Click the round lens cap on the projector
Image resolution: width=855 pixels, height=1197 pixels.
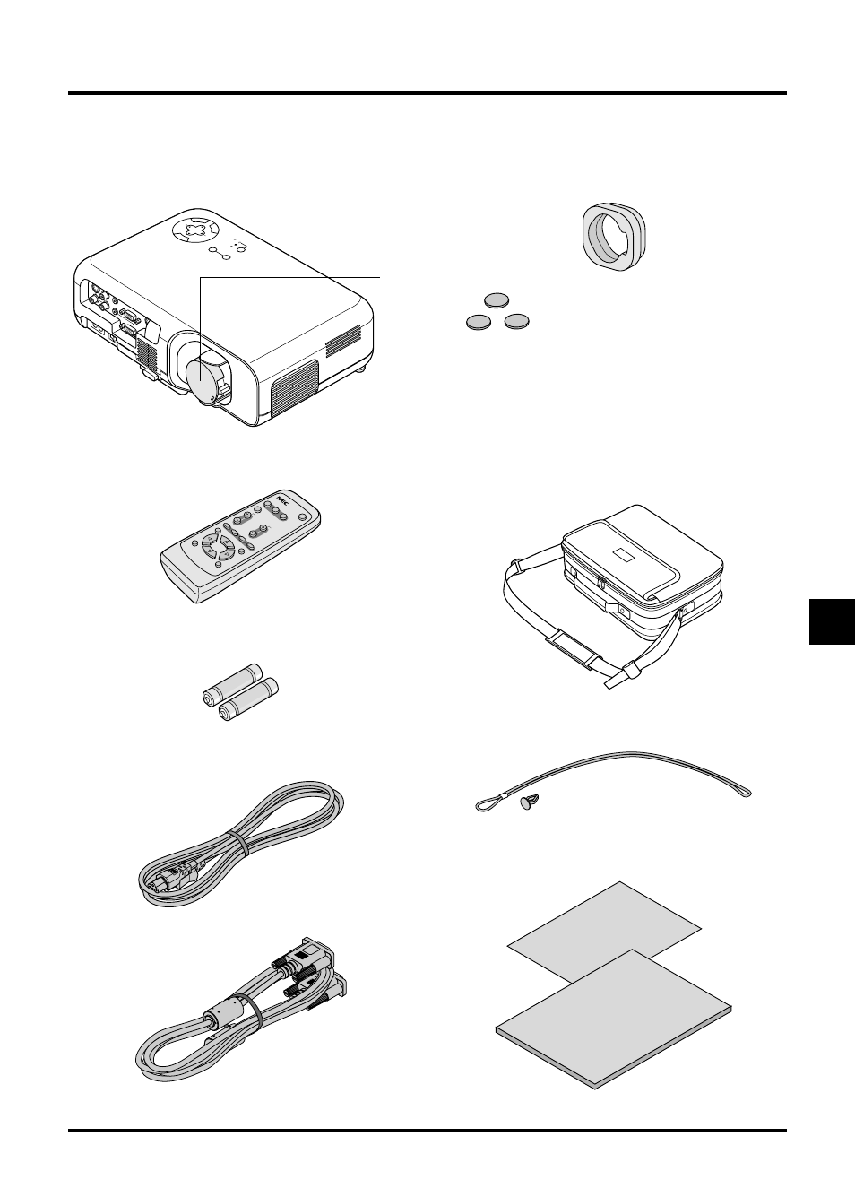coord(203,378)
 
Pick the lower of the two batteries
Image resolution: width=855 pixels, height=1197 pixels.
coord(248,699)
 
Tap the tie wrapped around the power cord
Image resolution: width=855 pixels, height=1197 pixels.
coord(238,842)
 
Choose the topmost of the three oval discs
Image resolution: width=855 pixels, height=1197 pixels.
coord(496,299)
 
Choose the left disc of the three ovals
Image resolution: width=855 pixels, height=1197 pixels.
coord(478,322)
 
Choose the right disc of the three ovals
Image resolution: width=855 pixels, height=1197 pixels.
coord(516,321)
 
